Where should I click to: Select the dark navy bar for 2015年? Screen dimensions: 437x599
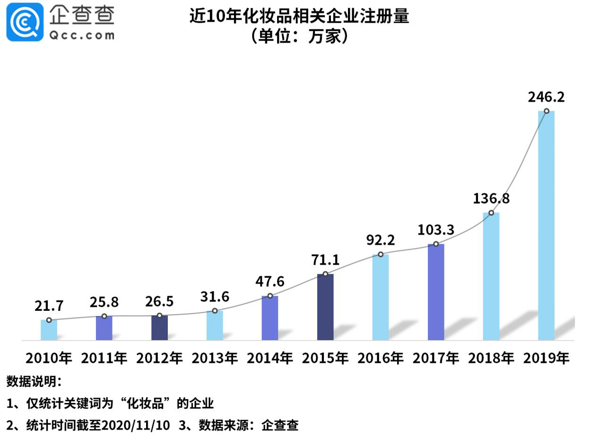325,307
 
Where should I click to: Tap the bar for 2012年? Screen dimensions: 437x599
159,327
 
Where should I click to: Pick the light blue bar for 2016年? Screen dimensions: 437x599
381,297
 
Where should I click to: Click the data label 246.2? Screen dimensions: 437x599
546,97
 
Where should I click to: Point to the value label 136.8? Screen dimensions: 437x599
491,198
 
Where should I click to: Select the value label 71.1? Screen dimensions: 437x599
325,260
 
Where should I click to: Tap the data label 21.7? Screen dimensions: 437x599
49,306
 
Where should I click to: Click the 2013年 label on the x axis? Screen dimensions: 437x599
215,358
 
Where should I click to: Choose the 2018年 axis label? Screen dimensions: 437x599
491,358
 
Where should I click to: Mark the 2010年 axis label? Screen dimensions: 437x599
49,358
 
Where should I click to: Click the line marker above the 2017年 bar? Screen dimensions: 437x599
436,244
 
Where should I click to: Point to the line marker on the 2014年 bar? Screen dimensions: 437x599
270,296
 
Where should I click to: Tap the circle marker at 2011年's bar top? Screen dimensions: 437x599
104,316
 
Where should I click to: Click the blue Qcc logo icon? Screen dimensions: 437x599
25,22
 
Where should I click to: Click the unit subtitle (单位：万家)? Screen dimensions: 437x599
299,36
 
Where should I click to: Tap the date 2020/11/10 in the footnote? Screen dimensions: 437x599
136,425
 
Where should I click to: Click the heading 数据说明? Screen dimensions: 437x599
33,381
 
